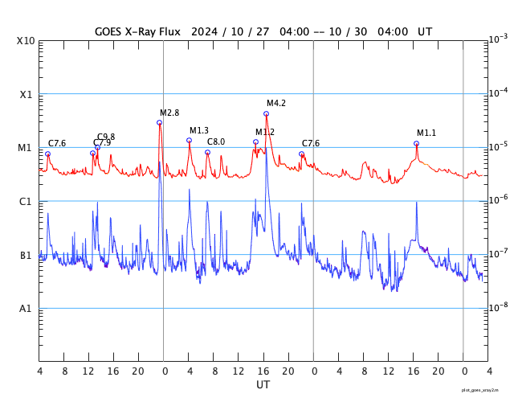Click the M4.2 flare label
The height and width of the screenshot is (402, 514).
click(x=276, y=103)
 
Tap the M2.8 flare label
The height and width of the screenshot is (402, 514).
click(x=169, y=113)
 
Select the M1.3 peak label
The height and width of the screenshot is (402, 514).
click(x=199, y=130)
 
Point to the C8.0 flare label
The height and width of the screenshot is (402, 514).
click(x=216, y=142)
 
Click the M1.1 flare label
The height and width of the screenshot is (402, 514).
click(x=426, y=133)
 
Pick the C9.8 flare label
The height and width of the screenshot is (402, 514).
click(x=106, y=137)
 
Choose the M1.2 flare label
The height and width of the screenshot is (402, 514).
click(x=265, y=132)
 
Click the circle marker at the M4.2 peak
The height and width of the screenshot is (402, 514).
click(x=266, y=114)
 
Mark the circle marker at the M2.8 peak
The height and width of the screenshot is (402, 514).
click(x=159, y=122)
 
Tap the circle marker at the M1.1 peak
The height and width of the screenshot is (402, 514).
click(x=416, y=143)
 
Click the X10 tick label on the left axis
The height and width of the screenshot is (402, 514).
click(x=27, y=40)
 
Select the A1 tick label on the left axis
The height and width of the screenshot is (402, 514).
click(x=25, y=309)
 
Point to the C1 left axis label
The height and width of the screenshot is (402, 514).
click(x=26, y=201)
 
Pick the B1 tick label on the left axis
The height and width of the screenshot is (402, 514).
click(x=26, y=255)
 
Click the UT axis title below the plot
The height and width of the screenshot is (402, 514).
click(x=263, y=385)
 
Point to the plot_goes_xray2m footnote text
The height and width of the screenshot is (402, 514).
click(x=480, y=390)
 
